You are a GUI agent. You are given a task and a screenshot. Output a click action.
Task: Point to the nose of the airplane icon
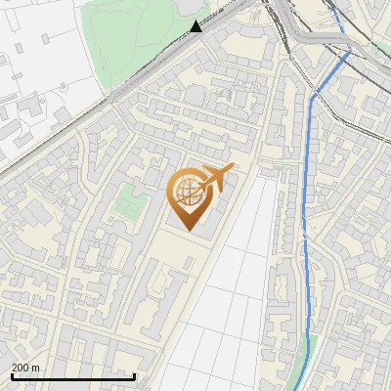pyautogui.click(x=233, y=169)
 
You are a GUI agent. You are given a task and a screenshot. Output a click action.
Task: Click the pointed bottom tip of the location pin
pyautogui.click(x=186, y=230)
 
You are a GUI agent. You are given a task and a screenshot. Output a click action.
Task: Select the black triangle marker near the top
pyautogui.click(x=197, y=26)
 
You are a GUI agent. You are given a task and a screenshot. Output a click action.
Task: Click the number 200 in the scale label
pyautogui.click(x=21, y=367)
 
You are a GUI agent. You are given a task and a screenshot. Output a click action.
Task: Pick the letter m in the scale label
pyautogui.click(x=36, y=367)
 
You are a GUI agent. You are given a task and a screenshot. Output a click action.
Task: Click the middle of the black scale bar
pyautogui.click(x=73, y=376)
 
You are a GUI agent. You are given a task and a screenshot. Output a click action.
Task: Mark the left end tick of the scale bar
pyautogui.click(x=13, y=376)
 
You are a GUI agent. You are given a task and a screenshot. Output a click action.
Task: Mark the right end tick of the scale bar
pyautogui.click(x=134, y=376)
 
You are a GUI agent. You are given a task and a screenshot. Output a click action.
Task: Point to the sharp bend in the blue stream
pyautogui.click(x=313, y=96)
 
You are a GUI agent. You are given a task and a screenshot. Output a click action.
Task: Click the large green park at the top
pyautogui.click(x=137, y=39)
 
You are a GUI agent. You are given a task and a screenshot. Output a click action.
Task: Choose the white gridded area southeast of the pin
pyautogui.click(x=235, y=293)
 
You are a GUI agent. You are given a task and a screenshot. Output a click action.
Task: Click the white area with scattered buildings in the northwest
pyautogui.click(x=39, y=88)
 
